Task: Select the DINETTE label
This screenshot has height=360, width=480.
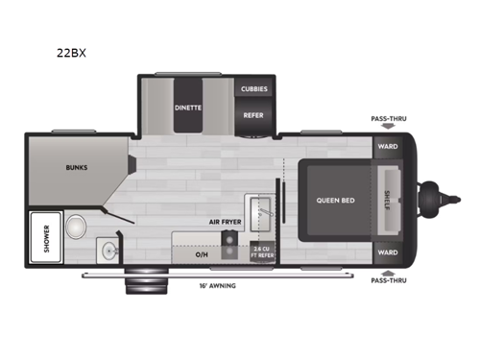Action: pyautogui.click(x=188, y=107)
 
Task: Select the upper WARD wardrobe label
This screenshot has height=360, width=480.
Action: pyautogui.click(x=387, y=147)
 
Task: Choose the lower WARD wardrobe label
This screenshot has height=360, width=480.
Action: pyautogui.click(x=387, y=252)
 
